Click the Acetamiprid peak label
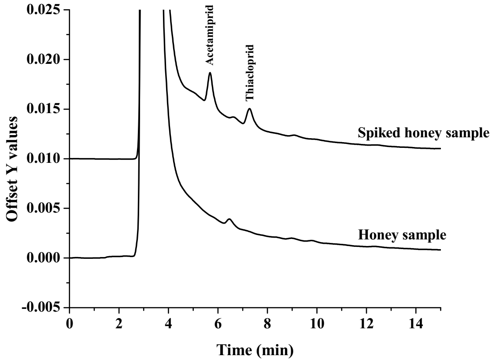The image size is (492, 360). point(211,35)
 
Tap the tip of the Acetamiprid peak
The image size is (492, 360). point(210,73)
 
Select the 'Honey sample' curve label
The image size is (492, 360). point(402,234)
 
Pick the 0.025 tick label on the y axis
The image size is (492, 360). point(41,9)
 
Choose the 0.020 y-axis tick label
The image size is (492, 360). point(41,59)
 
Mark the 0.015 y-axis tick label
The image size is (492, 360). point(41,109)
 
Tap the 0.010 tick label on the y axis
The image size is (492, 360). point(41,158)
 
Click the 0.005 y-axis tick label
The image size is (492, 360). point(41,208)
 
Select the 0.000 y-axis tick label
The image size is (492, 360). point(41,258)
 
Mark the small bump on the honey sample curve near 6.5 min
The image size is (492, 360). point(229,219)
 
